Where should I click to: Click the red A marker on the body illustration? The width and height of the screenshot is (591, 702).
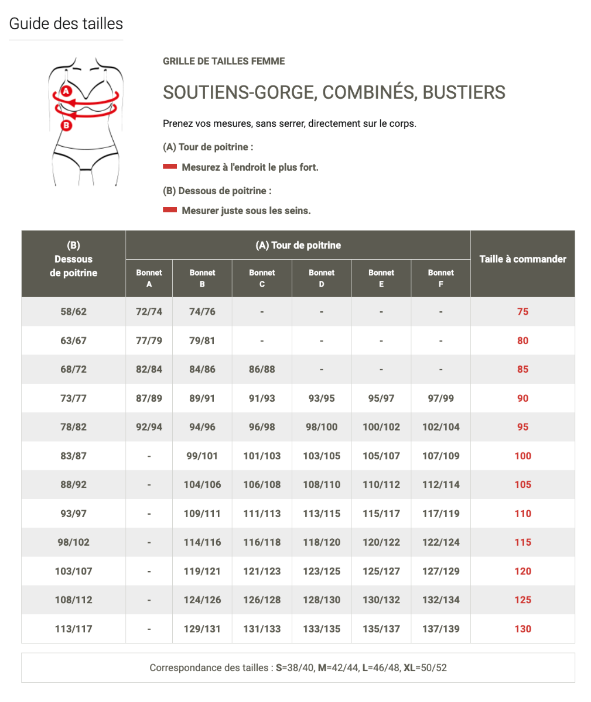click(66, 91)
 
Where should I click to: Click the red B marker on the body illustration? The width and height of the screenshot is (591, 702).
click(66, 125)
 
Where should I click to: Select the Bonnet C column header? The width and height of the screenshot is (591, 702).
click(262, 278)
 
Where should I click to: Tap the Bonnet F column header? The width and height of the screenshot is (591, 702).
click(440, 278)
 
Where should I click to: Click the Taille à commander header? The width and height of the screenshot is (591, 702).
click(522, 259)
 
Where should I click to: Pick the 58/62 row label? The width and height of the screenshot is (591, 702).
click(73, 312)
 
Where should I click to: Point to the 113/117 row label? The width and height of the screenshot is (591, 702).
click(73, 629)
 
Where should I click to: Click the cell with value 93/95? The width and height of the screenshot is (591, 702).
click(322, 398)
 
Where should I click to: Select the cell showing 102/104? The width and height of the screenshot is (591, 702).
click(440, 427)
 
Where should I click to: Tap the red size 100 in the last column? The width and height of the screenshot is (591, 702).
click(522, 456)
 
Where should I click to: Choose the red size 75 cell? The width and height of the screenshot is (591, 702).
click(522, 312)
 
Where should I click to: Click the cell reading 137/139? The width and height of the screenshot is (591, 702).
click(440, 629)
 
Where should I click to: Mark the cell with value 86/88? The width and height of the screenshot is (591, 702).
click(262, 370)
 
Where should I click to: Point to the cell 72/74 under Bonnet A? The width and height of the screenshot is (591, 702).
click(149, 312)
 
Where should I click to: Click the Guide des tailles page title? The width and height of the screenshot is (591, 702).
click(66, 24)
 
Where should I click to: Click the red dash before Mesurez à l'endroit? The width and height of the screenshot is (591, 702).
click(170, 167)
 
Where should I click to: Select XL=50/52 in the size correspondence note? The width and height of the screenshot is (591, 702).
click(425, 667)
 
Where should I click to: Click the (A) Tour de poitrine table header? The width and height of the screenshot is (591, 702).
click(298, 245)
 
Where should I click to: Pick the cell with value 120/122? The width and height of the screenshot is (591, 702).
click(381, 542)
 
